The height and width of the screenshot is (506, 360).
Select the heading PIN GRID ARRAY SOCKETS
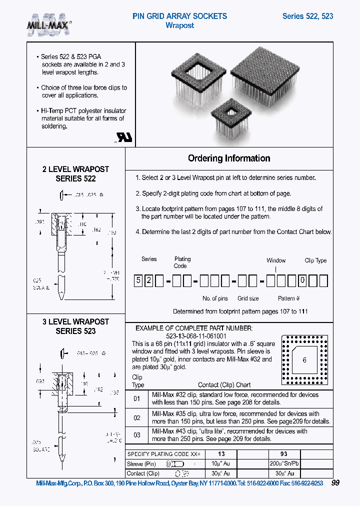click(x=179, y=16)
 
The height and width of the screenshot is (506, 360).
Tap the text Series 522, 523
click(x=307, y=16)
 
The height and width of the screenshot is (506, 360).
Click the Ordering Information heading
click(x=229, y=158)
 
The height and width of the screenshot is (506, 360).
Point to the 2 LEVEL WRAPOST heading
click(x=75, y=169)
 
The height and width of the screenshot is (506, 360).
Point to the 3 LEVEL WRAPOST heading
click(x=75, y=321)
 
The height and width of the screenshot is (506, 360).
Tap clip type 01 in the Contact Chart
click(x=137, y=398)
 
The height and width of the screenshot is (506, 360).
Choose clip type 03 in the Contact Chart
click(x=137, y=435)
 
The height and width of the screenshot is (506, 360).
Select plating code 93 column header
click(x=283, y=453)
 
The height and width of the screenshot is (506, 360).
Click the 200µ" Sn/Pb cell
click(x=283, y=463)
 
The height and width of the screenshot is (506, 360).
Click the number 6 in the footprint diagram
click(x=304, y=360)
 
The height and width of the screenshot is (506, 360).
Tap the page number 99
click(x=335, y=483)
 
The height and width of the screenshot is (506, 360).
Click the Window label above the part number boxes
click(x=276, y=260)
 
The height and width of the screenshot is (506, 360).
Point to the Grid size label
click(x=248, y=298)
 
